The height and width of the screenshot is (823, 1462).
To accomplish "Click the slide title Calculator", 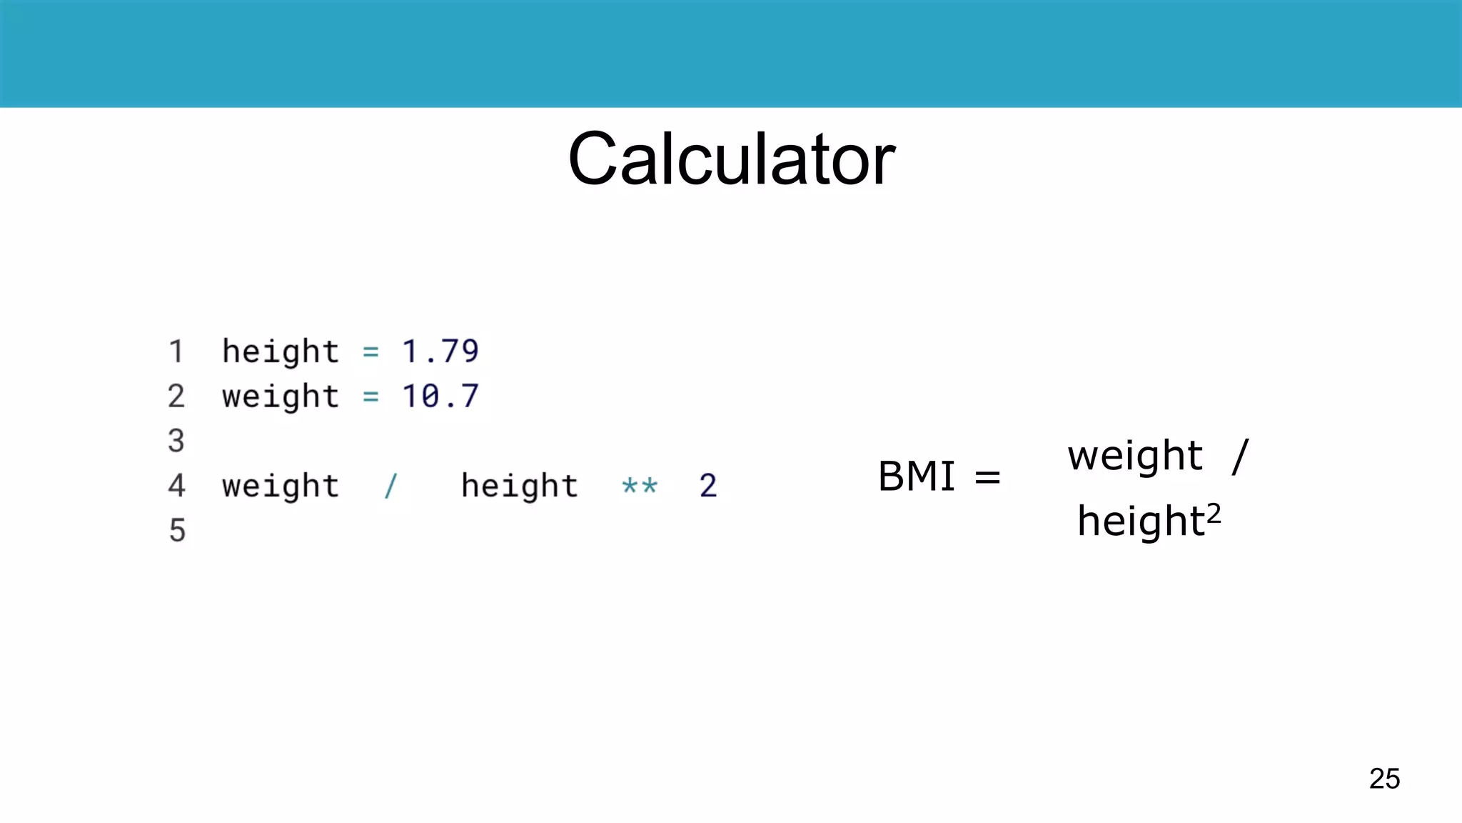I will [731, 159].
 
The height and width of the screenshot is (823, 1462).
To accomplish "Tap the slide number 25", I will [1384, 779].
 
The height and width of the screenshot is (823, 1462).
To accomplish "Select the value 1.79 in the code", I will [440, 351].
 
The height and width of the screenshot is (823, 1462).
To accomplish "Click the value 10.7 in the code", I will [440, 396].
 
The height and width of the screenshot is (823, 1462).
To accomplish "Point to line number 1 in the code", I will [176, 351].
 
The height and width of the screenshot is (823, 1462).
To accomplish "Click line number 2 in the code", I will [176, 396].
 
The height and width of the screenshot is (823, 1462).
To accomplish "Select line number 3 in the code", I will [176, 441].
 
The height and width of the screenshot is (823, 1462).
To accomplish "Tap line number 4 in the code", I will [176, 486].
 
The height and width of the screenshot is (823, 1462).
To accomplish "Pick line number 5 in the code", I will [177, 531].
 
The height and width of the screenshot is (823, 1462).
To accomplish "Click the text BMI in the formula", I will [917, 477].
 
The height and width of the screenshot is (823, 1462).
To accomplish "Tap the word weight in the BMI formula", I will [1136, 457].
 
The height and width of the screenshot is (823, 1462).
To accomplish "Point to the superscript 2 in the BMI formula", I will [1214, 512].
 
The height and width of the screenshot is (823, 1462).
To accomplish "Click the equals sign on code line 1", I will [370, 351].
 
